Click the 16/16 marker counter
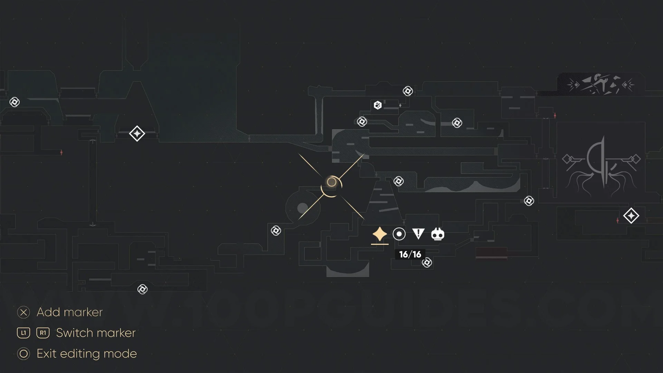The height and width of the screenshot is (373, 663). (x=410, y=255)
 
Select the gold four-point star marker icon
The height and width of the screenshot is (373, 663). (x=379, y=234)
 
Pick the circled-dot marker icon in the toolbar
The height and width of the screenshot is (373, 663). (x=399, y=234)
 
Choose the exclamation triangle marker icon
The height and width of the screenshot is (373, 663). (x=418, y=234)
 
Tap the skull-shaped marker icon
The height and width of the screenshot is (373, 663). (x=438, y=235)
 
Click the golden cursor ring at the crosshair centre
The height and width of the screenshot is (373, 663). (x=331, y=182)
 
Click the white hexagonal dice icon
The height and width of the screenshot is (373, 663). (x=377, y=105)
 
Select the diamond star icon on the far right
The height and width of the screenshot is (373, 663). (x=631, y=216)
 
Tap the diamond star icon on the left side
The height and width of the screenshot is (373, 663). (x=137, y=134)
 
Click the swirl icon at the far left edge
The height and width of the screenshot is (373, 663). (x=15, y=102)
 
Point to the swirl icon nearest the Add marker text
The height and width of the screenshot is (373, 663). (x=142, y=289)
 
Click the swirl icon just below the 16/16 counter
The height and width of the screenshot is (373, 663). (x=427, y=263)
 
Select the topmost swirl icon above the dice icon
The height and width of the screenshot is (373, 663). (x=408, y=91)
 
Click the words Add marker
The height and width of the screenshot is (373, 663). (x=69, y=312)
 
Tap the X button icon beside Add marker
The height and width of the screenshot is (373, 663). (x=23, y=313)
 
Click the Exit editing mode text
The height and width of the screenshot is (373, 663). (x=87, y=354)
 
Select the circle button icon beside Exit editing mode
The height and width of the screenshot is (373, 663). (x=23, y=354)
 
